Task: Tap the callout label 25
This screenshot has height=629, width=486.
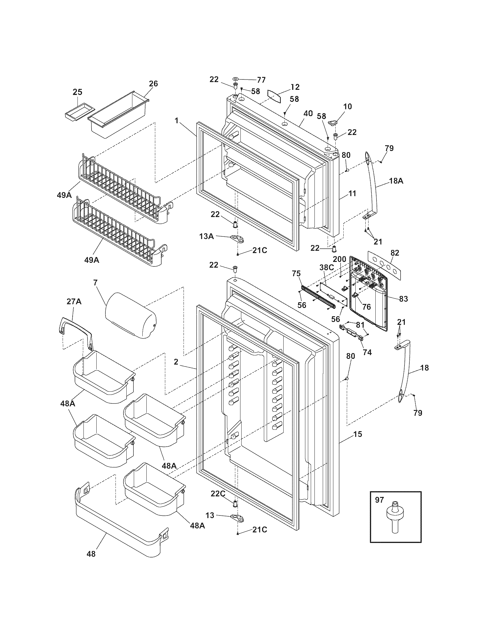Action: (x=77, y=92)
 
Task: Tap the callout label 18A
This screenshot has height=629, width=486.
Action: (x=396, y=181)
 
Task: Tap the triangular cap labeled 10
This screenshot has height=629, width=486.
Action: (x=332, y=123)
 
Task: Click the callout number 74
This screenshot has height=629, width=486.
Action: (x=367, y=352)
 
